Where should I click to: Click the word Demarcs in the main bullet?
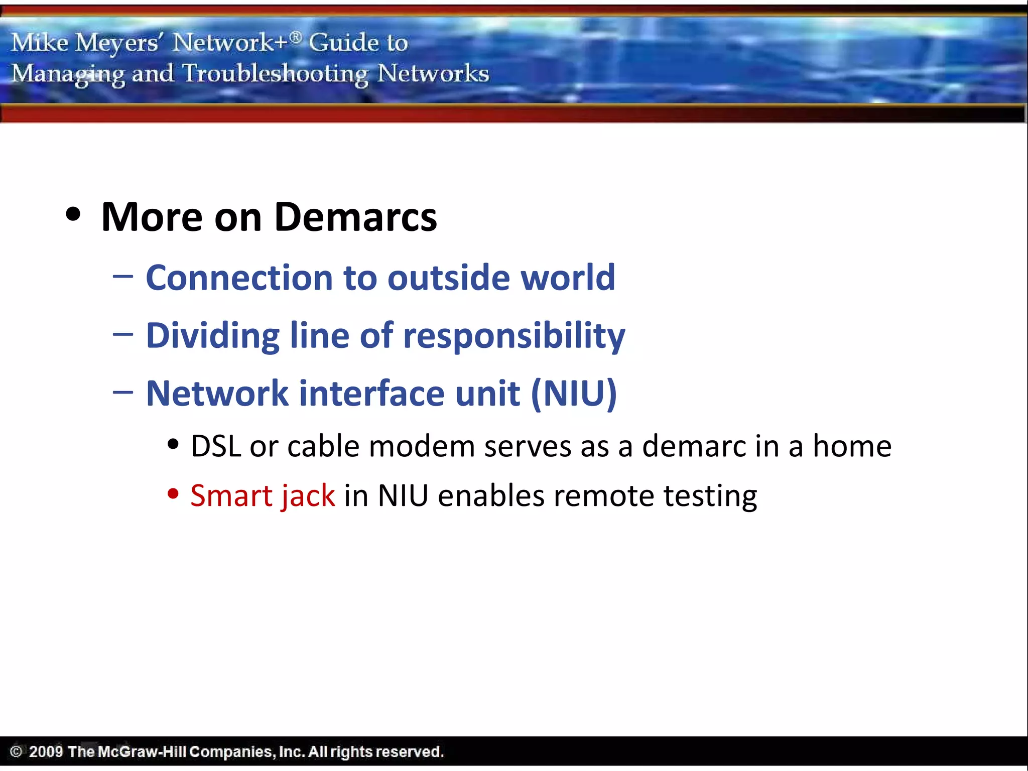(355, 217)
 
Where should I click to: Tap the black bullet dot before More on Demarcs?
(73, 214)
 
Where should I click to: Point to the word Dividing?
(213, 335)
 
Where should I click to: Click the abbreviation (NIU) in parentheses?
(574, 394)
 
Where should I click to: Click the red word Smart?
(231, 496)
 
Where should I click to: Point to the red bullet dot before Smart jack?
(173, 494)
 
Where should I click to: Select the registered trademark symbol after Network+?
(296, 37)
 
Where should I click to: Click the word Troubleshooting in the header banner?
(275, 74)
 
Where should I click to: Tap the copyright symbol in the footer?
(16, 751)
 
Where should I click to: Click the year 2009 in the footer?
(46, 751)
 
